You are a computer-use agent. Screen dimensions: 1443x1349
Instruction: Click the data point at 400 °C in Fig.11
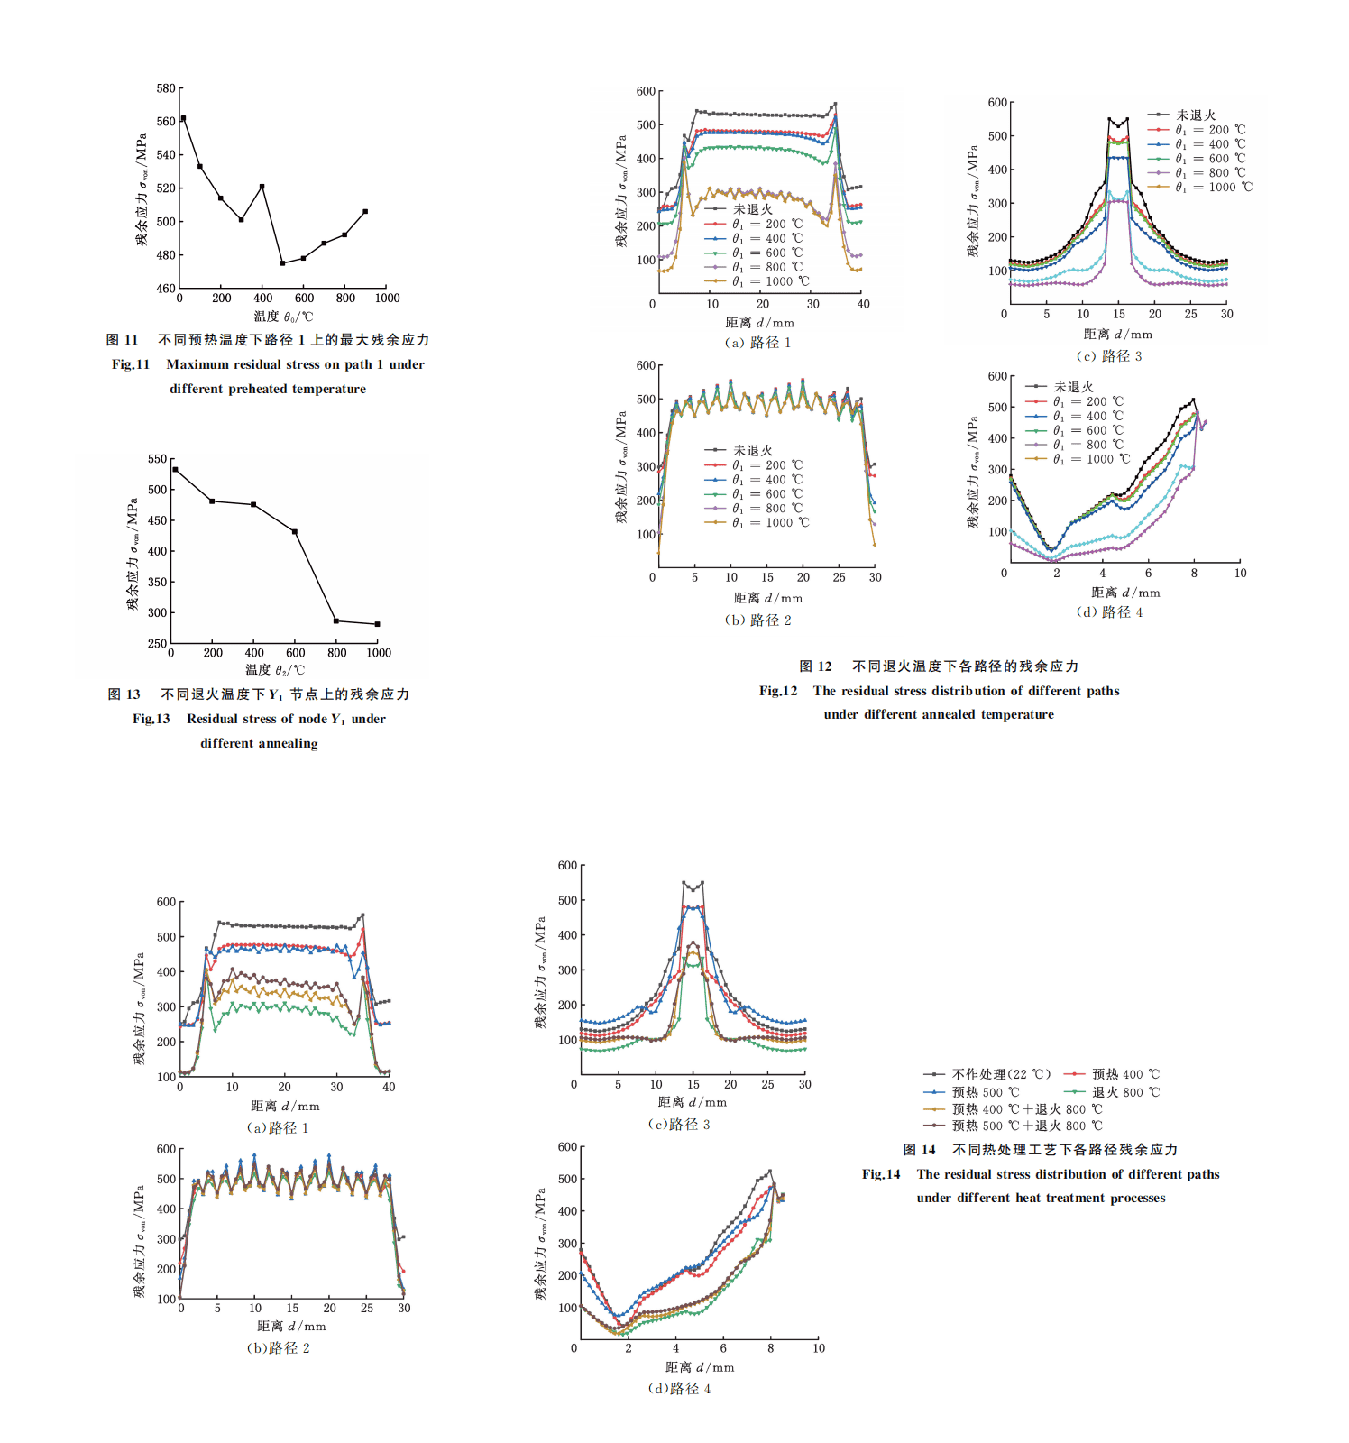262,187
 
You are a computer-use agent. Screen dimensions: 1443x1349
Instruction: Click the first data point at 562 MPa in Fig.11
183,118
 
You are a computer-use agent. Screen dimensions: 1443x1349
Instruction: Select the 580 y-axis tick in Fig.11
166,88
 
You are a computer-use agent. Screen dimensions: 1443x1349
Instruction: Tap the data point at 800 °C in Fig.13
336,620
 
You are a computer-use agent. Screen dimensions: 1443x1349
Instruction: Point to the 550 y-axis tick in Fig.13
158,459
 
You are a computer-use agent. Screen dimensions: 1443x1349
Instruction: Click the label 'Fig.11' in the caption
131,364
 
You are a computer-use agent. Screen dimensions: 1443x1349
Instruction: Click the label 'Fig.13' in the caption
151,719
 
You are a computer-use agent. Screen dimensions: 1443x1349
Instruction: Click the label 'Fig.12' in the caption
778,691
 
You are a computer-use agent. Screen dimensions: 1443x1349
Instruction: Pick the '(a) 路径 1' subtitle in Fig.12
757,343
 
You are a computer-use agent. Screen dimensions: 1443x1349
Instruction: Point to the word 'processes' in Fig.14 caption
1136,1198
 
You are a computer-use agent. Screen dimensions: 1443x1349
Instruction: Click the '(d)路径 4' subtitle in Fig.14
679,1389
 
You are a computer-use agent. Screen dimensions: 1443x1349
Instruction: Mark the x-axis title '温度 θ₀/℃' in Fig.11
283,317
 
